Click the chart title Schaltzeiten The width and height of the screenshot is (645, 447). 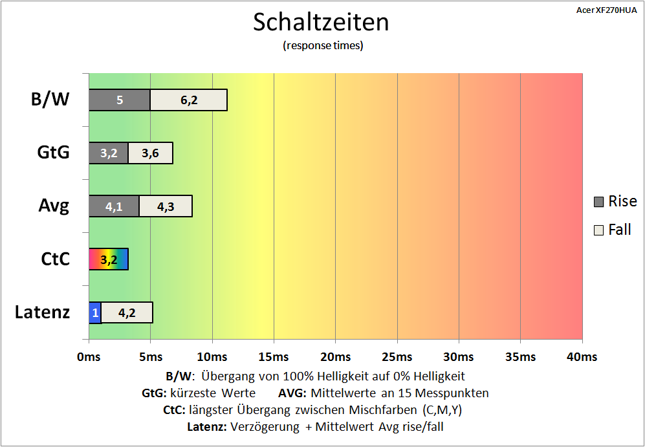click(321, 22)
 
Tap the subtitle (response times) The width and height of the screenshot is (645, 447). click(323, 45)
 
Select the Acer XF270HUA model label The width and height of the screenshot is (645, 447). click(606, 11)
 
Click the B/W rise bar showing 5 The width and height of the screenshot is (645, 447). click(120, 100)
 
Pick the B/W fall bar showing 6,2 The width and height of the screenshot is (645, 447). click(189, 100)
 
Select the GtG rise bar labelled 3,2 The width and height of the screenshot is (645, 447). click(109, 153)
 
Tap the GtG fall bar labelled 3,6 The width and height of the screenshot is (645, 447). click(150, 153)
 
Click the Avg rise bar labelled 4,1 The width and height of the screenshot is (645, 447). click(114, 206)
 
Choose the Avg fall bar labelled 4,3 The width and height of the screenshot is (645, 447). click(166, 206)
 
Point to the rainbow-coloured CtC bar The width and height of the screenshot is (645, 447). click(109, 259)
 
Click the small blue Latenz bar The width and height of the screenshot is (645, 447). click(95, 312)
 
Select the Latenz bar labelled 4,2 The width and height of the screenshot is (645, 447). click(127, 312)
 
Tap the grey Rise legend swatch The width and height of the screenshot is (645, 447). click(599, 202)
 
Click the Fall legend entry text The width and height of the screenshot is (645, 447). click(619, 230)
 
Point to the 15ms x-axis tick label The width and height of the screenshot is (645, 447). click(274, 357)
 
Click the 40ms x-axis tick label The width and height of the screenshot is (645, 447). click(582, 357)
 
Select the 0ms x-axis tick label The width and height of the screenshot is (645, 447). click(89, 357)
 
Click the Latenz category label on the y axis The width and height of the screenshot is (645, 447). click(42, 313)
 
